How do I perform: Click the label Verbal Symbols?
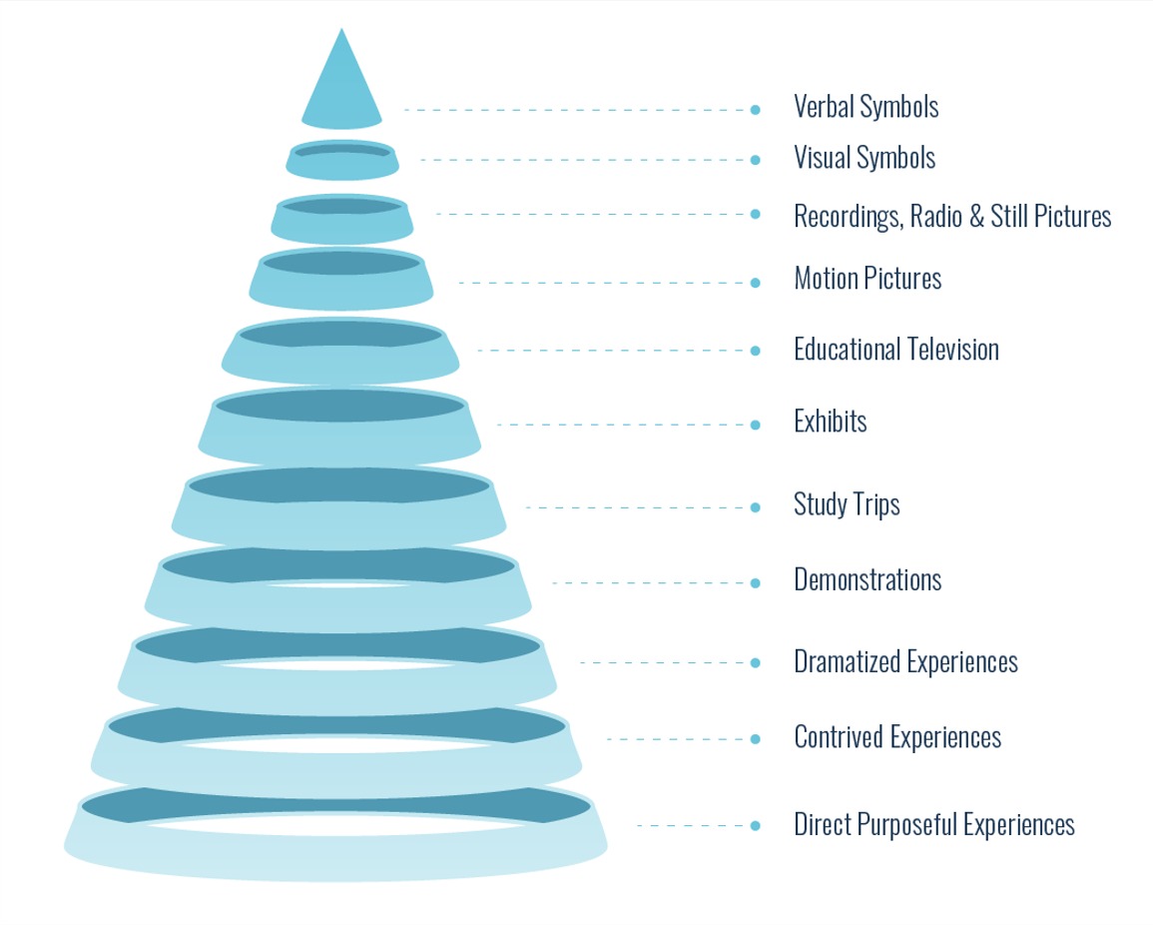point(865,106)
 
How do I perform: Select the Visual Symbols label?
point(865,158)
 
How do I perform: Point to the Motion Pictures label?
point(867,278)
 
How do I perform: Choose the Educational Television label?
point(895,350)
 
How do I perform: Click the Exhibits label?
point(830,422)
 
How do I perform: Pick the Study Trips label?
point(847,503)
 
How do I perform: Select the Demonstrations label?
point(867,579)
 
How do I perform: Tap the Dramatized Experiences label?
point(905,661)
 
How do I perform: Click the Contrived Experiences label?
point(897,737)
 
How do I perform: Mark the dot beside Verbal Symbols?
point(755,109)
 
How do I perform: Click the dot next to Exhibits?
point(755,425)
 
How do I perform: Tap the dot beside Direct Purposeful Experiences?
point(755,825)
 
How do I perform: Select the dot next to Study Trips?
point(755,507)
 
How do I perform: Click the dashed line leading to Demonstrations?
point(649,582)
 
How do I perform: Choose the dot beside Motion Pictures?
point(755,283)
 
